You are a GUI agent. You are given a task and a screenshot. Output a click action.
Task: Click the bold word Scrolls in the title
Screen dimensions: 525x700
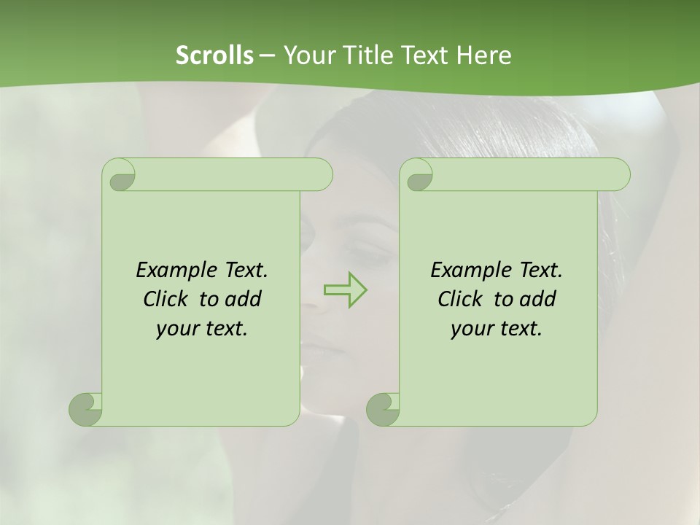(x=214, y=55)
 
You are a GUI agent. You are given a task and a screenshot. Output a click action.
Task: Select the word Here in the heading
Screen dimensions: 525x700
(x=483, y=55)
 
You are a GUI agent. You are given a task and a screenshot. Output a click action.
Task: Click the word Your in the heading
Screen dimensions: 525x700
(x=305, y=55)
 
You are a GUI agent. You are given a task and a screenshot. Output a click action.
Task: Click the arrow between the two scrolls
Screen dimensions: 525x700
(x=345, y=289)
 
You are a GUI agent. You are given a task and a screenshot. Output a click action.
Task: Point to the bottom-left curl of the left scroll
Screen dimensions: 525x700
(x=85, y=409)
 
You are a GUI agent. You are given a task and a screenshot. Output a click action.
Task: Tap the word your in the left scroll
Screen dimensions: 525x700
(x=176, y=329)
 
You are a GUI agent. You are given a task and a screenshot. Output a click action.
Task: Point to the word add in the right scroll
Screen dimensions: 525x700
(x=538, y=299)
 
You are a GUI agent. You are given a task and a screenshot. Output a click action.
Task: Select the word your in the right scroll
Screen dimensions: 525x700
(x=470, y=329)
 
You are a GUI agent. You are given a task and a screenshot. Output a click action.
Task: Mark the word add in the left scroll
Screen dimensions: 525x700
(x=244, y=299)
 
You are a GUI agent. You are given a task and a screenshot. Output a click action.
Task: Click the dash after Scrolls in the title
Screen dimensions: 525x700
(x=266, y=55)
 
